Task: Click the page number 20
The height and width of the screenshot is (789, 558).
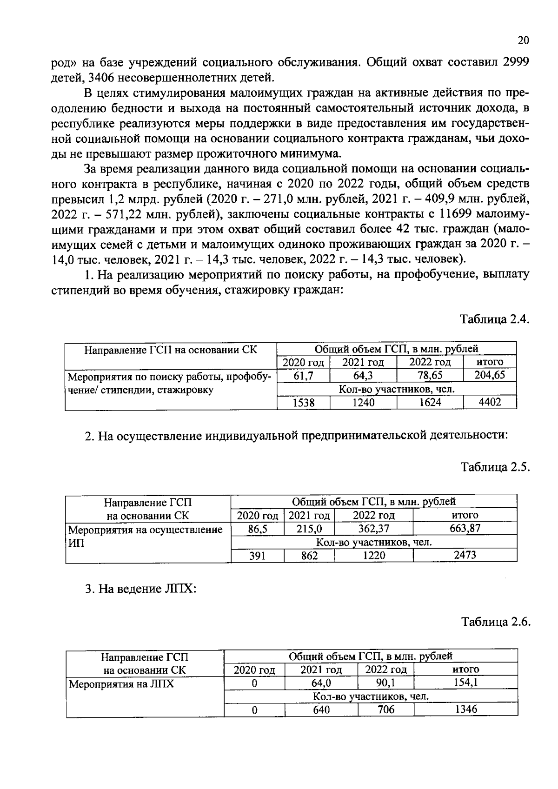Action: pyautogui.click(x=523, y=40)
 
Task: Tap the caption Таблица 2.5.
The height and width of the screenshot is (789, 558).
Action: pyautogui.click(x=495, y=467)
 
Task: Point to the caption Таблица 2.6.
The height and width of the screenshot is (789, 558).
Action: pyautogui.click(x=496, y=622)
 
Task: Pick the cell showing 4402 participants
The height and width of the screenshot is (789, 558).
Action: pyautogui.click(x=490, y=402)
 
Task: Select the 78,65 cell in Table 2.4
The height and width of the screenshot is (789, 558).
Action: pyautogui.click(x=430, y=375)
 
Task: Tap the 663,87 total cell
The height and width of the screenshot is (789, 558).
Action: pyautogui.click(x=465, y=528)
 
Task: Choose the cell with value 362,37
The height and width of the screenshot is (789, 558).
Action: pyautogui.click(x=373, y=529)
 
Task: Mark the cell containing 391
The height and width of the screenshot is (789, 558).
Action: pyautogui.click(x=257, y=555)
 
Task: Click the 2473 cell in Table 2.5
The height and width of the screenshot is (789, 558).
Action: pyautogui.click(x=465, y=555)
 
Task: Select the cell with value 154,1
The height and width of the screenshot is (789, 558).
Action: pyautogui.click(x=465, y=683)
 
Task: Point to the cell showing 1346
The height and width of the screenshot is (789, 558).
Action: pyautogui.click(x=465, y=709)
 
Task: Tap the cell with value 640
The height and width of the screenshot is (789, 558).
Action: pyautogui.click(x=321, y=709)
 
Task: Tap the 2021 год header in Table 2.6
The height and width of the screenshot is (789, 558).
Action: pyautogui.click(x=321, y=670)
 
